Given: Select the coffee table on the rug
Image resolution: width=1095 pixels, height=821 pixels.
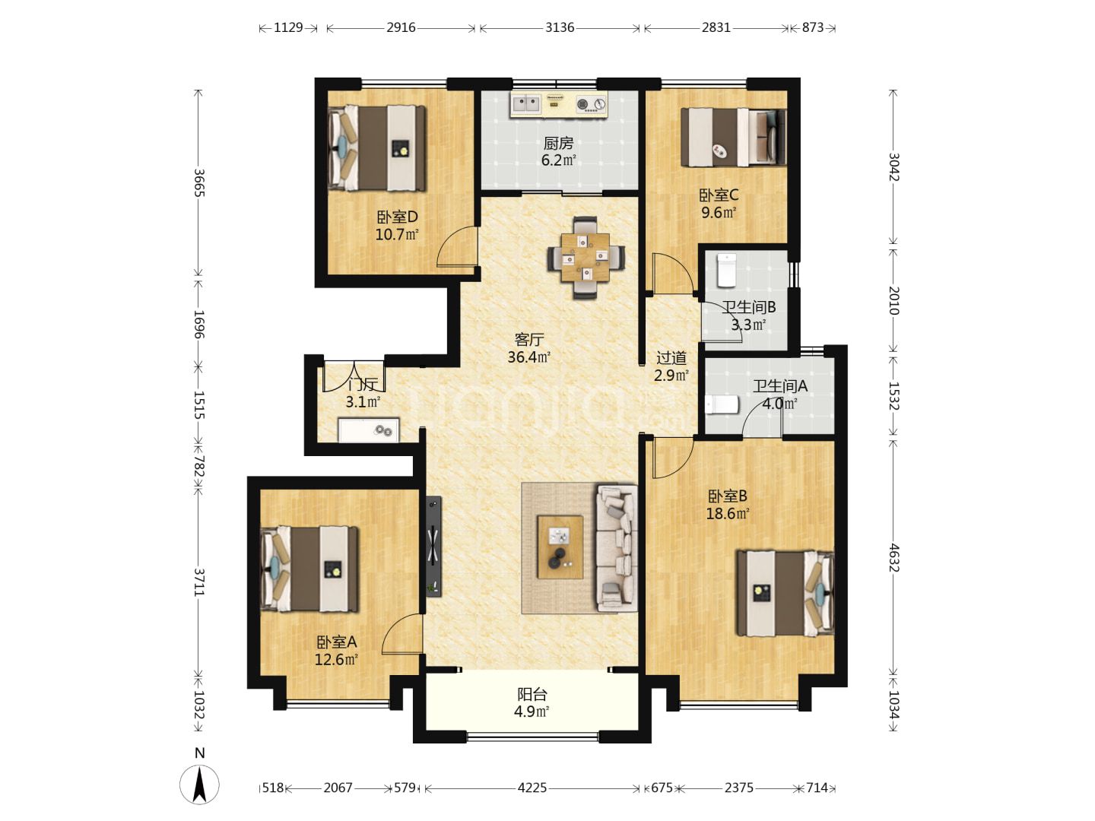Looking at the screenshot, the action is click(560, 547).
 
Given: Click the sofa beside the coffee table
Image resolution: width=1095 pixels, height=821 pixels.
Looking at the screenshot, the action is click(617, 548).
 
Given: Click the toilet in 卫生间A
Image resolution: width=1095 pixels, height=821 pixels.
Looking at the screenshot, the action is click(722, 404).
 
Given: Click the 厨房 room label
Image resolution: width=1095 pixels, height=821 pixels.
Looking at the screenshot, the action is click(558, 144).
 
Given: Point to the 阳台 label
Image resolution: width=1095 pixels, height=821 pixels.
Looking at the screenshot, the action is click(532, 694).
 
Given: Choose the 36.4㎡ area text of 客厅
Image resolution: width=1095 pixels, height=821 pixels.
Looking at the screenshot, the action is click(528, 357).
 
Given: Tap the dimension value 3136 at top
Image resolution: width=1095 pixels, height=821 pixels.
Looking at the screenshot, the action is click(559, 27).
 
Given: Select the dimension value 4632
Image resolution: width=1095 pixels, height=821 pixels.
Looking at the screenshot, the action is click(893, 558).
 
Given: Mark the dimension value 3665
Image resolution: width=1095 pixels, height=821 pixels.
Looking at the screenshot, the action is click(199, 183).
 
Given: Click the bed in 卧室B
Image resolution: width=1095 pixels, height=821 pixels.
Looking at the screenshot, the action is click(786, 593).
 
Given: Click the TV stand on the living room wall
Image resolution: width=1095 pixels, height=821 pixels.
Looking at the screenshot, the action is click(433, 546).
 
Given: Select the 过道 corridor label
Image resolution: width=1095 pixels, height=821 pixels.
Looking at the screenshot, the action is click(671, 357).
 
